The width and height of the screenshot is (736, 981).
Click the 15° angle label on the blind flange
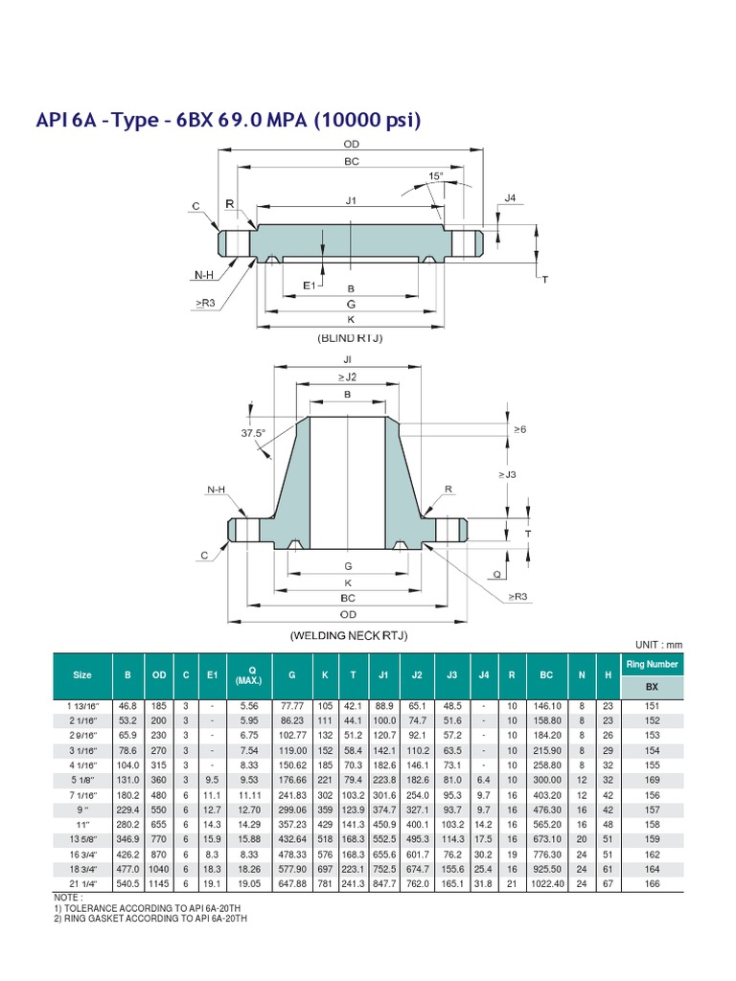tap(436, 176)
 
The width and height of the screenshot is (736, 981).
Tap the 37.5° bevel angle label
tap(253, 433)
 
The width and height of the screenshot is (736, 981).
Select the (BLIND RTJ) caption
tap(350, 338)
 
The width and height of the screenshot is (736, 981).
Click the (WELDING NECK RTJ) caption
tap(349, 636)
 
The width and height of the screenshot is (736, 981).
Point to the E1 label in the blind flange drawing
tap(310, 285)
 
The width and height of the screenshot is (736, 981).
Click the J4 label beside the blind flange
tap(510, 198)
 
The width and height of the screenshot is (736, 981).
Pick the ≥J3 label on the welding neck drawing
tap(507, 474)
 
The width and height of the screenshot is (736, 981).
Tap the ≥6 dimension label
tap(520, 429)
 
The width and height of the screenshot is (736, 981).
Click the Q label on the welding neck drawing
tap(497, 575)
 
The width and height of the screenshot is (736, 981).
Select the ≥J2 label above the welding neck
tap(347, 376)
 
